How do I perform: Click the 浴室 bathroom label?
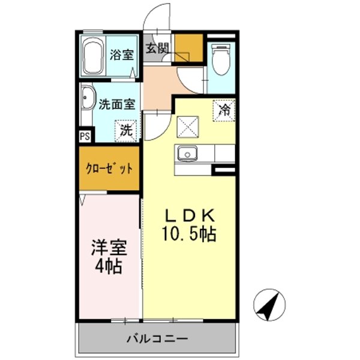tap(122, 55)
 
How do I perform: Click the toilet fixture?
tap(221, 59)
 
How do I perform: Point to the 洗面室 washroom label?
tap(117, 104)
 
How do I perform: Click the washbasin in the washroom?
tap(88, 98)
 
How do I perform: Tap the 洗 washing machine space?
tap(125, 129)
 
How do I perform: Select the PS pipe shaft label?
tap(85, 136)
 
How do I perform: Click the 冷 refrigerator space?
tap(225, 110)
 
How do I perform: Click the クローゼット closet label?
tap(110, 169)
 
